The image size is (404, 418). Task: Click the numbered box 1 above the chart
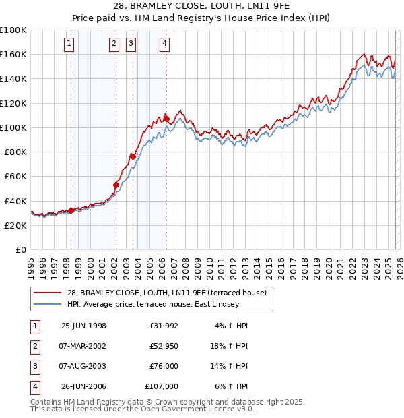click(70, 44)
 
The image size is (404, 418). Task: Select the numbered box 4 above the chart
click(164, 44)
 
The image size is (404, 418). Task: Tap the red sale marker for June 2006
click(166, 119)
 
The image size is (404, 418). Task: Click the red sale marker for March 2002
click(116, 185)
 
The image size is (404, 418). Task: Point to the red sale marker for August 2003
click(133, 156)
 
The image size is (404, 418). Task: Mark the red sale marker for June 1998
click(71, 210)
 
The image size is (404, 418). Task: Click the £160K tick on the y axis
click(13, 54)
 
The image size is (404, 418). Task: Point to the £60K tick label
click(15, 176)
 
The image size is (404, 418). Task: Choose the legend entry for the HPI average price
click(153, 304)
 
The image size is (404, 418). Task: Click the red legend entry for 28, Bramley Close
click(167, 293)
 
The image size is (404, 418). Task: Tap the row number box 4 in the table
click(34, 387)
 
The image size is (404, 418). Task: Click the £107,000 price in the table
click(161, 387)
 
